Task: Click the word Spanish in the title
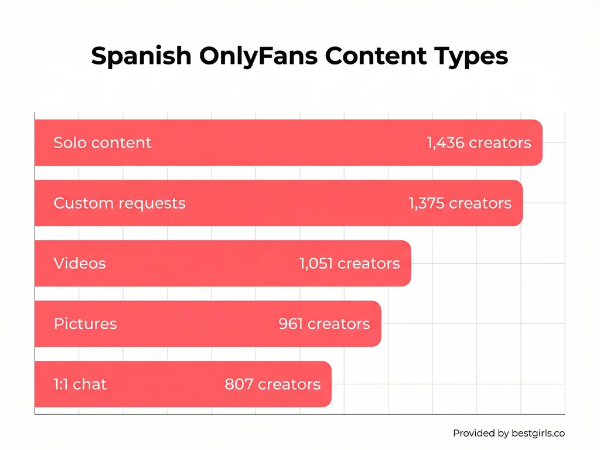point(141,56)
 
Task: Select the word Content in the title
point(375,56)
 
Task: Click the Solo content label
point(103,142)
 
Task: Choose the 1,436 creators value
point(479,142)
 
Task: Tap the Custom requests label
point(120,203)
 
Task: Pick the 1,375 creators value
point(460,203)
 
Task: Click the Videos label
point(80,264)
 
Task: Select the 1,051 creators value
point(350,264)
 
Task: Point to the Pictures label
point(86,324)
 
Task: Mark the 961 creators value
point(324,324)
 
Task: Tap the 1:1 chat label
point(80,384)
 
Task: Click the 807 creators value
point(272,384)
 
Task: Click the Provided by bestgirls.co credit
point(509,433)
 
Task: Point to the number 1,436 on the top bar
point(446,142)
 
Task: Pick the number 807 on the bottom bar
point(239,384)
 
